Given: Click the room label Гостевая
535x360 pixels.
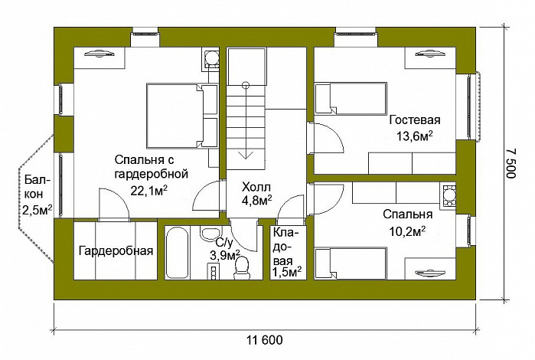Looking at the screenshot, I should point(416,120).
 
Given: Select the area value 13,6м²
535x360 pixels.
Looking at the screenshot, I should point(416,136).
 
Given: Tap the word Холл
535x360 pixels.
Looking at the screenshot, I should point(255,186).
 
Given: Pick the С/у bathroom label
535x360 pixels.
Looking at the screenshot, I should point(214,244).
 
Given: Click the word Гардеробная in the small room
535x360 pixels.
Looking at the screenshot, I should point(116,250).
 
